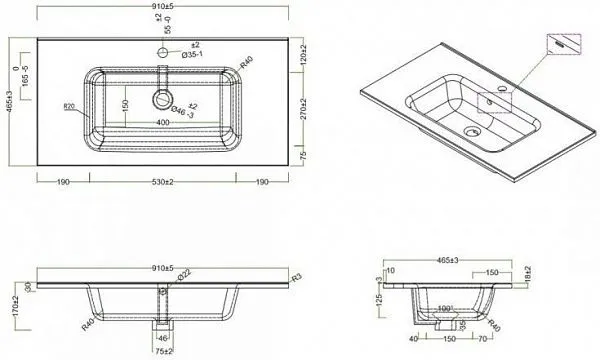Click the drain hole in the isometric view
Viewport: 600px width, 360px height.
pos(473,130)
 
